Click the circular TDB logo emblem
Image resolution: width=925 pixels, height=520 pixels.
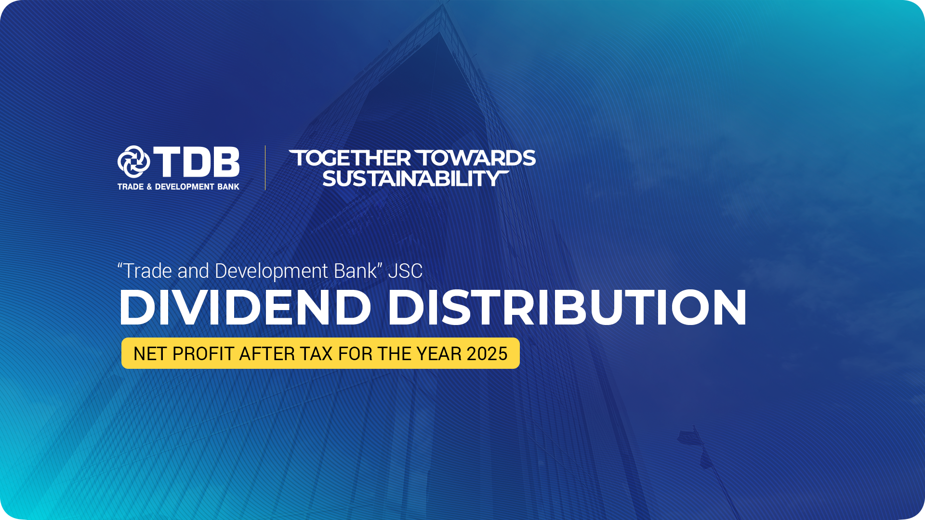[x=133, y=162]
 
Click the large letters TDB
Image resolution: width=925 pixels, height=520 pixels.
[x=197, y=162]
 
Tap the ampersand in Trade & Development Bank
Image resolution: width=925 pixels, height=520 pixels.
[x=149, y=187]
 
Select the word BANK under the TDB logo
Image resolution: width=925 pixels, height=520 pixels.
[x=228, y=187]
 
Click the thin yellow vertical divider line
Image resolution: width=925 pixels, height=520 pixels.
[x=265, y=168]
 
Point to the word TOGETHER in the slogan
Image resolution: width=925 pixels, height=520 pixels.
[x=350, y=158]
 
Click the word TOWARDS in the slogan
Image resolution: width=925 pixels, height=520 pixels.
[x=475, y=158]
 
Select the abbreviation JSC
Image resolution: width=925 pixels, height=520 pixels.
[x=405, y=271]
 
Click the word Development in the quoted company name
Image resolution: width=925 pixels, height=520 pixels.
[x=272, y=272]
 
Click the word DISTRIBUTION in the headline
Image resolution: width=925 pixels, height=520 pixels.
[x=567, y=308]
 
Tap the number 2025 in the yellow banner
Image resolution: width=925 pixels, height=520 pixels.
[x=487, y=354]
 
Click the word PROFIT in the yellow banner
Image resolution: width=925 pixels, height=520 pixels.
[x=203, y=354]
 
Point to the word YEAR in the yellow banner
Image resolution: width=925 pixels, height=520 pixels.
[x=439, y=354]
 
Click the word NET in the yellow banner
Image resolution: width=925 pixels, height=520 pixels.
[x=150, y=354]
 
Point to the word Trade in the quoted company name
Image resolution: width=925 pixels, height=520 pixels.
[x=147, y=271]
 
